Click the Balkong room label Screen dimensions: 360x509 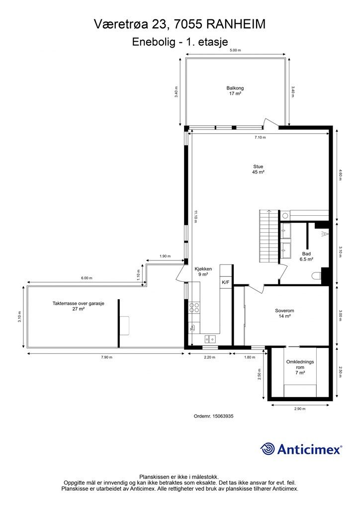click(x=235, y=90)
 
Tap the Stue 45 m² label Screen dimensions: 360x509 click(x=258, y=170)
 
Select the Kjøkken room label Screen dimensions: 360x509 click(x=203, y=271)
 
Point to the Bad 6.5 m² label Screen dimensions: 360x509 click(x=306, y=256)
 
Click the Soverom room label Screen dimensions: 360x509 click(x=284, y=313)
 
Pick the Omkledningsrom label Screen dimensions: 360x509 click(x=300, y=367)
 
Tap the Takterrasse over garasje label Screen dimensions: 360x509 click(x=78, y=306)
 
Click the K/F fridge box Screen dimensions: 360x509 click(x=225, y=282)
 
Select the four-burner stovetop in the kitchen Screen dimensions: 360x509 click(x=194, y=308)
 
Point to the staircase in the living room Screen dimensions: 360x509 click(x=269, y=236)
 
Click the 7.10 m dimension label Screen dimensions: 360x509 click(x=260, y=137)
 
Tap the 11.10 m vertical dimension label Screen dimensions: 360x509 click(x=195, y=217)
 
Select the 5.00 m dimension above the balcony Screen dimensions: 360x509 click(x=235, y=50)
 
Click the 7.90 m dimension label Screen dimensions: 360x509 click(x=106, y=357)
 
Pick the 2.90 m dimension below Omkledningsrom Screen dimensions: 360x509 click(x=300, y=409)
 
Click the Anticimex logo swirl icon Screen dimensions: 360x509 click(x=268, y=449)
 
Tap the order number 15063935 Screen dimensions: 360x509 click(x=223, y=416)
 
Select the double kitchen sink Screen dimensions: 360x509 click(x=210, y=339)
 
